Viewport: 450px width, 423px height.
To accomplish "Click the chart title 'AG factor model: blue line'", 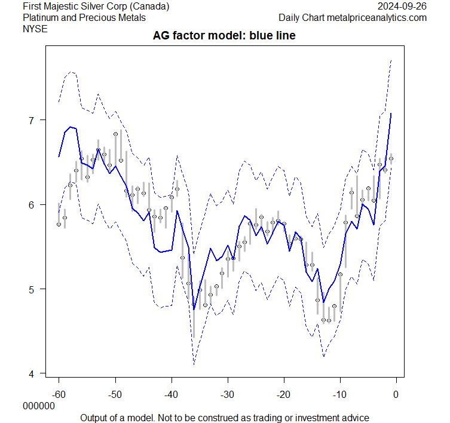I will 225,36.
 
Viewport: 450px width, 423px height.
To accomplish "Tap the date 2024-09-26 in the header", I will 402,7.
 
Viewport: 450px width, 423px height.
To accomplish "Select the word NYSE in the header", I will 35,28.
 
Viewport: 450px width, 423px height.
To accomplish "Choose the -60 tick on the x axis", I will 59,394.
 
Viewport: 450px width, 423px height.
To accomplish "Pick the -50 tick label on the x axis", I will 115,394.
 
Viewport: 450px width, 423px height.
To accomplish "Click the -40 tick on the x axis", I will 171,394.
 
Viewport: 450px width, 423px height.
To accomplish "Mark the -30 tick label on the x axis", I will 227,394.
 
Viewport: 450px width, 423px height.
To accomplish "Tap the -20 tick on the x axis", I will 283,394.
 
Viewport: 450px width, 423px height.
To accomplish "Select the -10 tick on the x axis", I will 339,394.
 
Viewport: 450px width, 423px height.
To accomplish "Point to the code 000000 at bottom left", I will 38,406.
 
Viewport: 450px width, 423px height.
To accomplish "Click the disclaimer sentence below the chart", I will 224,417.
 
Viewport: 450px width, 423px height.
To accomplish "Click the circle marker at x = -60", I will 59,224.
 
